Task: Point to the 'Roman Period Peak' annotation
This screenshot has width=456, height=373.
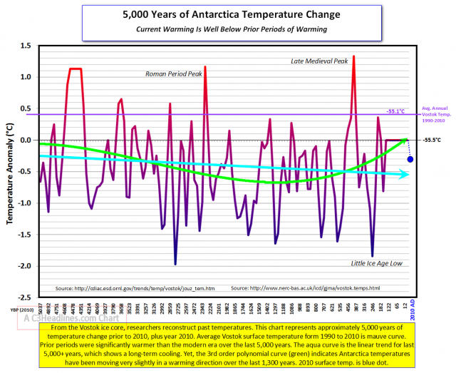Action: (173, 73)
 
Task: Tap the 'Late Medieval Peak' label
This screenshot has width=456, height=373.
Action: (319, 61)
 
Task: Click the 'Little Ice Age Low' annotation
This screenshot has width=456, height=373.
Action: (377, 263)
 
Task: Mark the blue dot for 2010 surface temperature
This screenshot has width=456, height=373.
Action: (410, 159)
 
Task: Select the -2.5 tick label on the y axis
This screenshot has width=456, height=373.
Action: (25, 297)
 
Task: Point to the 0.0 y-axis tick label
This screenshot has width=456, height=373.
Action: (26, 140)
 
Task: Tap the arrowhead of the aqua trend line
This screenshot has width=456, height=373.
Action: (405, 174)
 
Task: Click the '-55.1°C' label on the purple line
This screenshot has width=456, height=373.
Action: (396, 111)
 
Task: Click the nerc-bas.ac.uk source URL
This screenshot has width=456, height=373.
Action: (306, 288)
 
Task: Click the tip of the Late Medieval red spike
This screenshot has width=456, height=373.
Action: (353, 56)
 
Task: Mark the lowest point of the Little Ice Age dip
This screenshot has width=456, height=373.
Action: (372, 256)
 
